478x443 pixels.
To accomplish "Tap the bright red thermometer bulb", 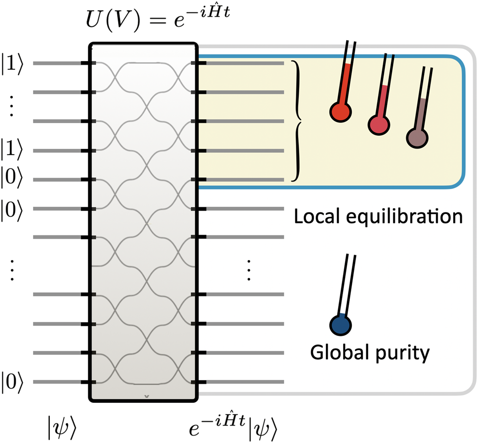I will pyautogui.click(x=340, y=110).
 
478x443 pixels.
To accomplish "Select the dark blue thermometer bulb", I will pyautogui.click(x=341, y=326).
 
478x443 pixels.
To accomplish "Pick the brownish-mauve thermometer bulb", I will pyautogui.click(x=417, y=138).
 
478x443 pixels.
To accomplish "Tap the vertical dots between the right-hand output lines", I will pyautogui.click(x=249, y=271).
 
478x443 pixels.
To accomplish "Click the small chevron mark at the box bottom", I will pyautogui.click(x=147, y=396).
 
